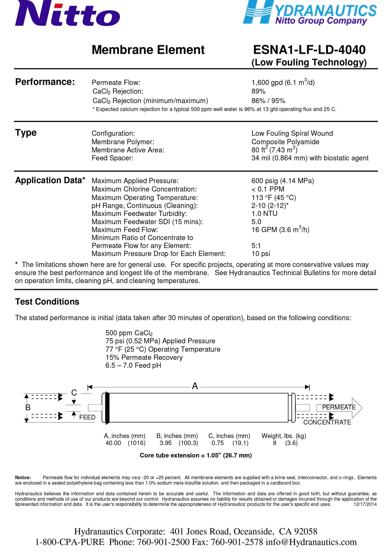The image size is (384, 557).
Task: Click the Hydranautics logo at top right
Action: [310, 13]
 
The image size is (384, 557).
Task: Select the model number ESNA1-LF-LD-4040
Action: [309, 50]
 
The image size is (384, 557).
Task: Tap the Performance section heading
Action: [45, 82]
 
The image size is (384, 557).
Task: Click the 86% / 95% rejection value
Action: [268, 101]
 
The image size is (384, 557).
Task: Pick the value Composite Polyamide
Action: [285, 142]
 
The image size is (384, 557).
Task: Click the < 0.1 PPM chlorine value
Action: [268, 189]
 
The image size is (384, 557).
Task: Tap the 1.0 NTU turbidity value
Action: [264, 213]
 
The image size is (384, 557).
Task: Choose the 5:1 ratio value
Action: [256, 246]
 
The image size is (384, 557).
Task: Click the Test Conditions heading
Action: [47, 302]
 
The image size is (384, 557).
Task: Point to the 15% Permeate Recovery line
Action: [144, 357]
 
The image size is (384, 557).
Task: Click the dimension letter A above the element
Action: [195, 386]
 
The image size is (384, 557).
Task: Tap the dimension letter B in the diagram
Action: [28, 407]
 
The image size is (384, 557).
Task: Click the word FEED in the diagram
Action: [87, 417]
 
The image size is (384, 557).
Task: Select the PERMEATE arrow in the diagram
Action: [339, 407]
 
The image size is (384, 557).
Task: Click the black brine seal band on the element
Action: [107, 408]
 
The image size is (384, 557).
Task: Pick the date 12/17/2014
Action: [365, 504]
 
